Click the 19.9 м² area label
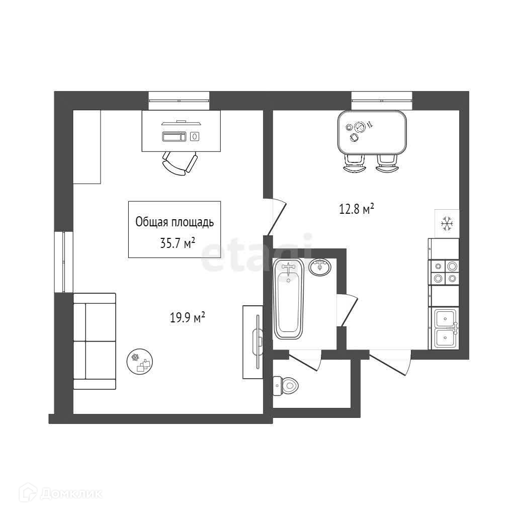[x=188, y=318]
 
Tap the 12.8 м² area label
[x=356, y=209]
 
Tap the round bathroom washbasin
[x=320, y=267]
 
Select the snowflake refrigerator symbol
[x=446, y=223]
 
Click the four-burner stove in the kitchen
[x=444, y=272]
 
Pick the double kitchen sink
[x=445, y=328]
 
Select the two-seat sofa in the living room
[x=95, y=341]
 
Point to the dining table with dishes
[x=372, y=132]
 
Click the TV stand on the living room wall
[x=252, y=341]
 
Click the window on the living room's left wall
[x=64, y=262]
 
